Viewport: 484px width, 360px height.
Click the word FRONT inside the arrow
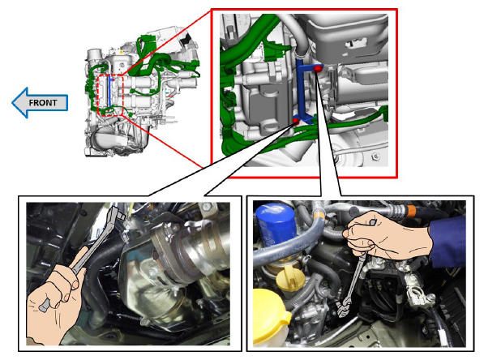point(43,102)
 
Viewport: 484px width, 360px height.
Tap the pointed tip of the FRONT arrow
point(12,102)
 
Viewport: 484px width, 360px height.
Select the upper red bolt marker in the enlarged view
point(317,69)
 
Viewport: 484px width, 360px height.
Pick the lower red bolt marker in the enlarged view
point(295,121)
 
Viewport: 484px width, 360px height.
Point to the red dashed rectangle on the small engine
point(98,95)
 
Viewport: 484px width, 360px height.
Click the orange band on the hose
point(411,211)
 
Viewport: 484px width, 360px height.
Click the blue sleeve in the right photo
point(448,240)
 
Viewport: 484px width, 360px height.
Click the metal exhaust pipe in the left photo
point(198,247)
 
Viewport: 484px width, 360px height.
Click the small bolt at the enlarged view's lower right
point(375,157)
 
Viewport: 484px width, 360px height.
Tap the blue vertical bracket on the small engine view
point(110,92)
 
